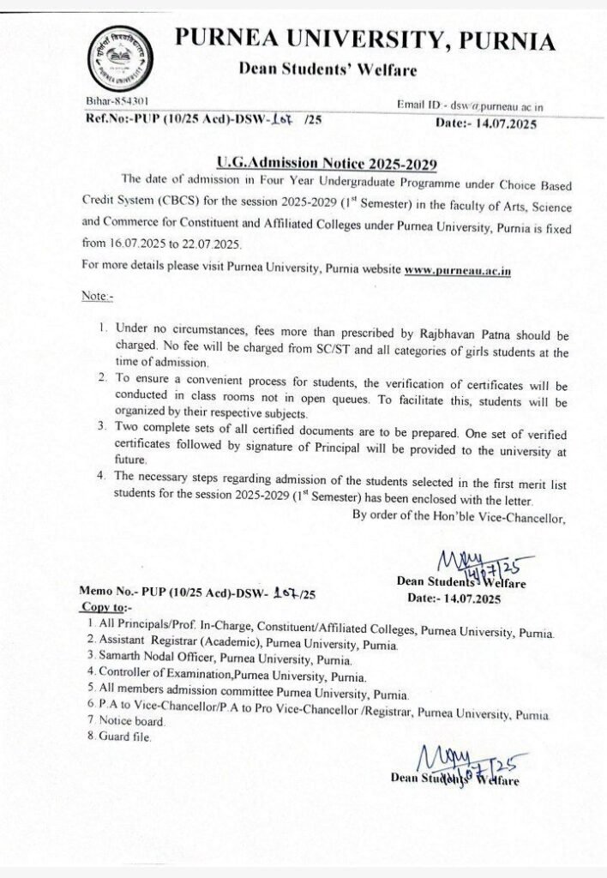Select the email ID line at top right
coord(469,105)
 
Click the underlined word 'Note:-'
coord(97,296)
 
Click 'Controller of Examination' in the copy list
coord(160,676)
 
